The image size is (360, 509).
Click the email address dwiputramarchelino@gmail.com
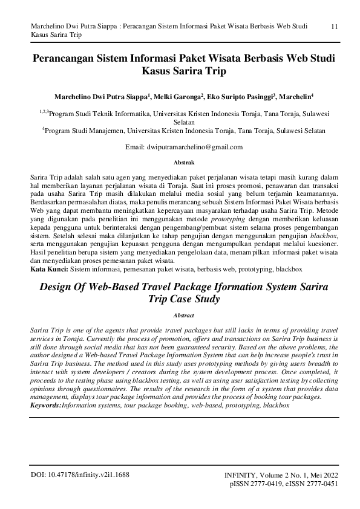click(x=195, y=147)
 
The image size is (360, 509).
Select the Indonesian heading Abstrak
click(x=183, y=163)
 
